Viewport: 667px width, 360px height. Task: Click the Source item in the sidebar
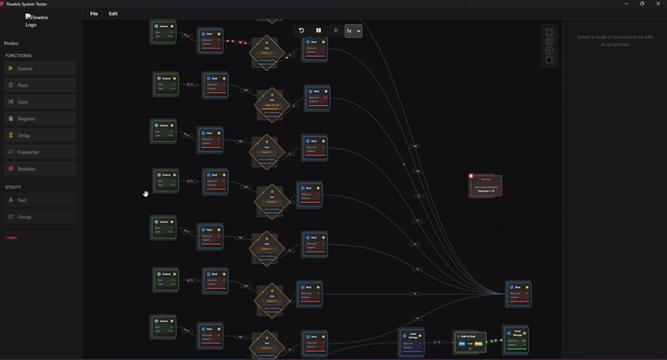(x=40, y=68)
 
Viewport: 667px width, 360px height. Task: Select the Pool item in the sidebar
(x=40, y=85)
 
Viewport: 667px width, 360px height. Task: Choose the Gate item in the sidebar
(x=40, y=102)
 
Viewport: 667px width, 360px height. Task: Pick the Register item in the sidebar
(x=40, y=119)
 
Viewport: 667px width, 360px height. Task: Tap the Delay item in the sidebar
(x=40, y=135)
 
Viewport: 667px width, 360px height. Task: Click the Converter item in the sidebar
(x=40, y=152)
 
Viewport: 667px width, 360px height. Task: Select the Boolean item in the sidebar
(x=40, y=169)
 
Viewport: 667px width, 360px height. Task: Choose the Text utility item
(x=40, y=200)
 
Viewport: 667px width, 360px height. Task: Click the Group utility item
(x=40, y=217)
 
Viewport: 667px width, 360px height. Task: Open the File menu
(x=94, y=14)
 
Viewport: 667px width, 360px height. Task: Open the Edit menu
(x=113, y=14)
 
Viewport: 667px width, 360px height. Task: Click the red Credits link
(x=12, y=238)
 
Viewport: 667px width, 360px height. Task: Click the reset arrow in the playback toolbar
(x=301, y=31)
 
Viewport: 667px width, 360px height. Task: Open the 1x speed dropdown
(x=354, y=31)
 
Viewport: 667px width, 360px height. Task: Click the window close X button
(x=659, y=4)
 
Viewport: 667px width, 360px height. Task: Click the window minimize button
(x=626, y=4)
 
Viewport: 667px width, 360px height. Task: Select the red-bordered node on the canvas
(x=486, y=185)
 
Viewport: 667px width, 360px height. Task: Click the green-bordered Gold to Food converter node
(x=470, y=342)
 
